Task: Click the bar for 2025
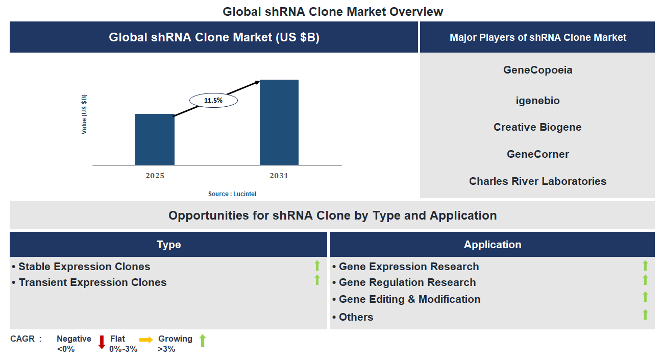(155, 139)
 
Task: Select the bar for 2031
(279, 123)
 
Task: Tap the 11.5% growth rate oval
(213, 101)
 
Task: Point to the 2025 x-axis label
(155, 176)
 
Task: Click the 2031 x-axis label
(279, 176)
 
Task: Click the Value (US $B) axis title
(84, 114)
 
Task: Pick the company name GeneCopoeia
(537, 70)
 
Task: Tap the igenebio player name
(537, 101)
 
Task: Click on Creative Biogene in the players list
(537, 127)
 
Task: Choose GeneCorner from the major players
(537, 154)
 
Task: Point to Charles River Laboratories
(537, 181)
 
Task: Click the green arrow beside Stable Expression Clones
(317, 266)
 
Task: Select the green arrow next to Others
(645, 315)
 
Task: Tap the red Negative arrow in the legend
(102, 342)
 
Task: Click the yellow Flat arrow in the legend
(146, 339)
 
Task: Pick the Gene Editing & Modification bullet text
(409, 299)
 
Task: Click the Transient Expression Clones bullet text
(92, 282)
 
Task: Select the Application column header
(492, 245)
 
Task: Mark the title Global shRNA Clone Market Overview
(333, 11)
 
